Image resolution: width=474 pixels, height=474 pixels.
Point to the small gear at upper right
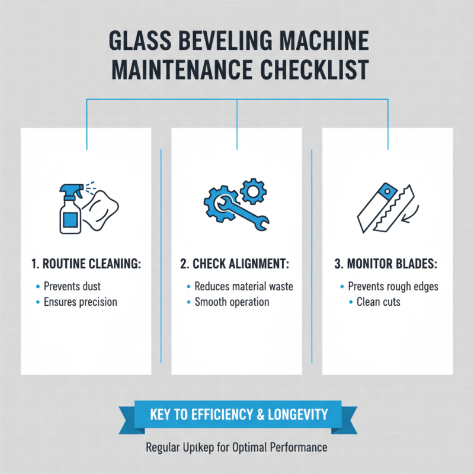255,191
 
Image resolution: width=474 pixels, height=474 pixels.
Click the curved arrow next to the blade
409,214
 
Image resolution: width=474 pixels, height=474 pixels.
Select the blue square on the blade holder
388,191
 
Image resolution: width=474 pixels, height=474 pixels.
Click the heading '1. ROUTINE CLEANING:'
87,264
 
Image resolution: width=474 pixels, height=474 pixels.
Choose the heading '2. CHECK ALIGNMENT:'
237,264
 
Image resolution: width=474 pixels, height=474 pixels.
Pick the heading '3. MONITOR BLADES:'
387,264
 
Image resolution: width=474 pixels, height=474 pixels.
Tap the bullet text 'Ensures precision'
81,302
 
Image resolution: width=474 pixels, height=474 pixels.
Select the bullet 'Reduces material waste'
244,286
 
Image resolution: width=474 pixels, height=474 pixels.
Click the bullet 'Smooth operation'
232,302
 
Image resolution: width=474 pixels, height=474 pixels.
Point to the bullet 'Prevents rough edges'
393,286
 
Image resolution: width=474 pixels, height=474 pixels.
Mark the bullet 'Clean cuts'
379,302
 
